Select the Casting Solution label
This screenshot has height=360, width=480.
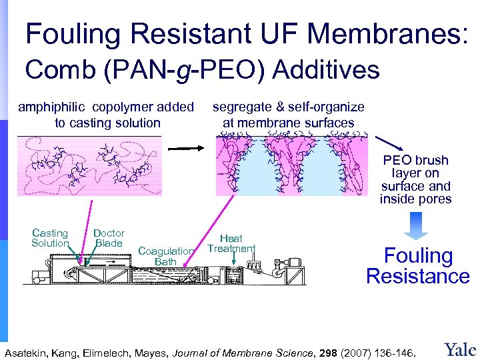50,238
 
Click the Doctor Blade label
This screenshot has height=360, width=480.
109,238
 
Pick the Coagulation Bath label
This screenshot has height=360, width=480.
165,257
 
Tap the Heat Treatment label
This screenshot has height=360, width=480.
231,243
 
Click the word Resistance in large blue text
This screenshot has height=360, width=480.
418,276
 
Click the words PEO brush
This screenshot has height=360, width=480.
415,161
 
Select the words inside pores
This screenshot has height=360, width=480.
415,199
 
